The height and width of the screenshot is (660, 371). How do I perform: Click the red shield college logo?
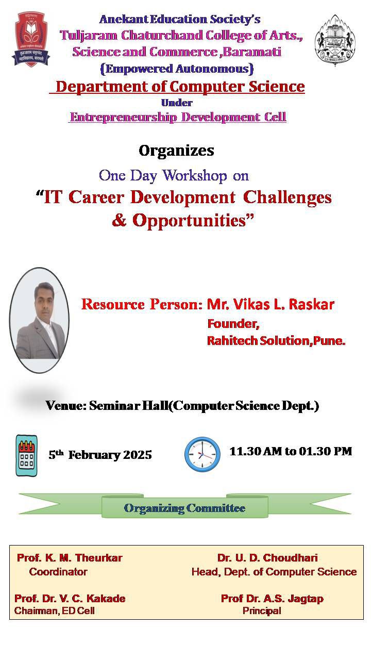[x=30, y=39]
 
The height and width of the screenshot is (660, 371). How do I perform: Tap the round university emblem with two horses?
[x=335, y=40]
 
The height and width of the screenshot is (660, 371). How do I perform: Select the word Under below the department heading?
[x=177, y=103]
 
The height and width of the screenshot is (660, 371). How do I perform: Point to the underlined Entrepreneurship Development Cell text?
[x=178, y=117]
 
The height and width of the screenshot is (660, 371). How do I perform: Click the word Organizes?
[x=176, y=151]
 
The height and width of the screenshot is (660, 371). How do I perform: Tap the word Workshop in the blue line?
[x=195, y=176]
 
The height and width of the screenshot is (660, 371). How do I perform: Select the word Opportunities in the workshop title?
[x=189, y=221]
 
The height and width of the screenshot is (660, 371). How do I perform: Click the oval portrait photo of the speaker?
[x=40, y=320]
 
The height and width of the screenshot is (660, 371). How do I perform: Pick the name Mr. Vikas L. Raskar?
[x=271, y=304]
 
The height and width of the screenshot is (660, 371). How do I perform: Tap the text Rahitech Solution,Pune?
[x=276, y=341]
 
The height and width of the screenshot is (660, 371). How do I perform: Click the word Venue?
[x=65, y=406]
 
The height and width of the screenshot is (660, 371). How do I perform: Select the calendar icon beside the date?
[x=26, y=455]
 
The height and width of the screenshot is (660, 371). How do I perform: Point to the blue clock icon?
[x=203, y=454]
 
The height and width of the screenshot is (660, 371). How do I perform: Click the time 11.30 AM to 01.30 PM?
[x=291, y=451]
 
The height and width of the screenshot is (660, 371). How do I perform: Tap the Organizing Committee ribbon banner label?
[x=184, y=508]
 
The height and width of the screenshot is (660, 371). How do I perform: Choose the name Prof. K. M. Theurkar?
[x=70, y=558]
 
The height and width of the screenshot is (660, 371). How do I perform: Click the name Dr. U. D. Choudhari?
[x=267, y=558]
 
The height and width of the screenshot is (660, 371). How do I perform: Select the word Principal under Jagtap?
[x=262, y=611]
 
